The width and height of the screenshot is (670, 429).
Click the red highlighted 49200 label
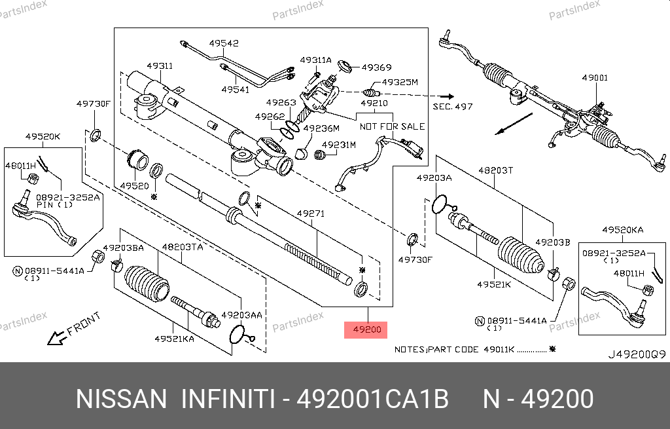366,329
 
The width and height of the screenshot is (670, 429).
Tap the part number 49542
224,44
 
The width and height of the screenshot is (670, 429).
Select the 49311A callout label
316,60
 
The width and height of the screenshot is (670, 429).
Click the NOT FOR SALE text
392,126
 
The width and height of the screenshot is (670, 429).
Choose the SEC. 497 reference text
452,106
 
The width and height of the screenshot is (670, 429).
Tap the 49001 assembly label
595,78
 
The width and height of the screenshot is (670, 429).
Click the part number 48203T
495,170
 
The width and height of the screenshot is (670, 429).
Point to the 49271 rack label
311,214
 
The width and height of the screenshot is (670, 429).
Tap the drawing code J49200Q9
637,354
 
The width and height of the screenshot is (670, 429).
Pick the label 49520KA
623,231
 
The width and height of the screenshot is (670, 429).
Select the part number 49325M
400,83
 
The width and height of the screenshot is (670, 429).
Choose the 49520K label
43,136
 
